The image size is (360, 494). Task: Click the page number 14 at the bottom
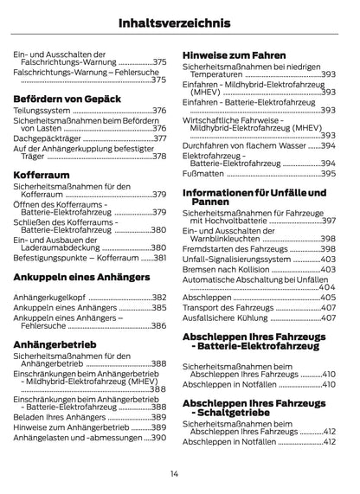pyautogui.click(x=175, y=472)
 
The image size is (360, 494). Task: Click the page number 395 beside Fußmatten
pyautogui.click(x=327, y=173)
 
